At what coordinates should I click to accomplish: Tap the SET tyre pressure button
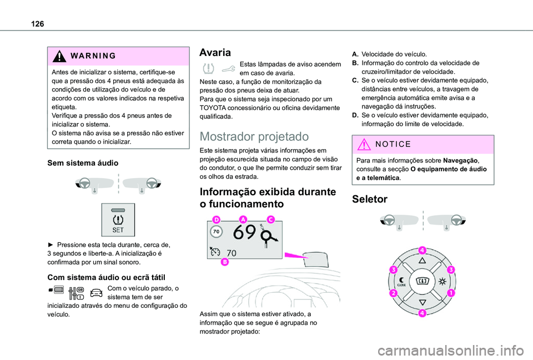(x=118, y=219)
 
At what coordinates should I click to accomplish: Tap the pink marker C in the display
(x=270, y=220)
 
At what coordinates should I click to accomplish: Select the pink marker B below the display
(x=227, y=262)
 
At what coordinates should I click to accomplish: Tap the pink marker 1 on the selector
(x=450, y=292)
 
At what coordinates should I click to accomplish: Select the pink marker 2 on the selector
(x=392, y=292)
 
